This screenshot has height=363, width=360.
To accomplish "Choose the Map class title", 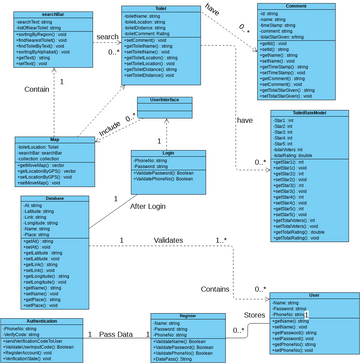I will click(x=54, y=140).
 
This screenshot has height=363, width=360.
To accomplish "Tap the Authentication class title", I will click(x=41, y=320).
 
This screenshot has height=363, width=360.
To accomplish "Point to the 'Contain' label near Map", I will click(x=37, y=89).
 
